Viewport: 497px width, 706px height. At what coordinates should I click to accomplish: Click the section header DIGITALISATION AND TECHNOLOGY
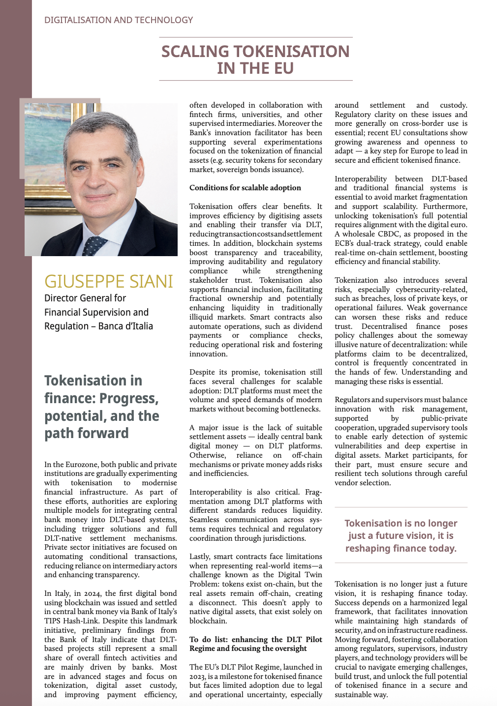[118, 20]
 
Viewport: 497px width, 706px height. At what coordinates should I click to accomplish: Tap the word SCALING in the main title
[195, 52]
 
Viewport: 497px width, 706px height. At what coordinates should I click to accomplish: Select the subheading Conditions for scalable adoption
[245, 188]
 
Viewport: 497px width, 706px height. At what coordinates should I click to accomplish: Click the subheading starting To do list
[255, 644]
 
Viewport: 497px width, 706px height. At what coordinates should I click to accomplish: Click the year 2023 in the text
[198, 677]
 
